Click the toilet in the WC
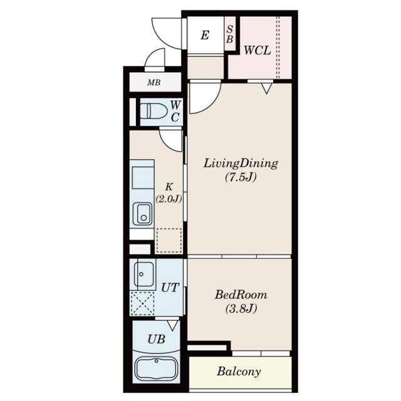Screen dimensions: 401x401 (154, 111)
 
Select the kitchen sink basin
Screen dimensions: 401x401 (142, 214)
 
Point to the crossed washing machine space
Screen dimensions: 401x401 (142, 303)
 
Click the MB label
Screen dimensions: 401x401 (154, 83)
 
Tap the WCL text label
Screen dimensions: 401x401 (257, 50)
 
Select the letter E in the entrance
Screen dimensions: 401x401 (205, 35)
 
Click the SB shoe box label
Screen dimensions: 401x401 (230, 34)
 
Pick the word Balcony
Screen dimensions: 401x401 (239, 372)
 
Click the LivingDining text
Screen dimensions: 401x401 (241, 164)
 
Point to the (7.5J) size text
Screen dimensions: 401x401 (241, 177)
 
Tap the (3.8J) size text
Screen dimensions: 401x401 (241, 309)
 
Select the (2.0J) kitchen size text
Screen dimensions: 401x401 (169, 199)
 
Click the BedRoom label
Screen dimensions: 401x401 (241, 295)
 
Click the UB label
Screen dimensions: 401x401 (156, 340)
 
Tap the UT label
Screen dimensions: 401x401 (170, 288)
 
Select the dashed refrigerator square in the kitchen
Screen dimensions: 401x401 (169, 241)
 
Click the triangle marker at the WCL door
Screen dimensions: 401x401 (266, 88)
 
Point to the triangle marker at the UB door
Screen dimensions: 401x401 (173, 326)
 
